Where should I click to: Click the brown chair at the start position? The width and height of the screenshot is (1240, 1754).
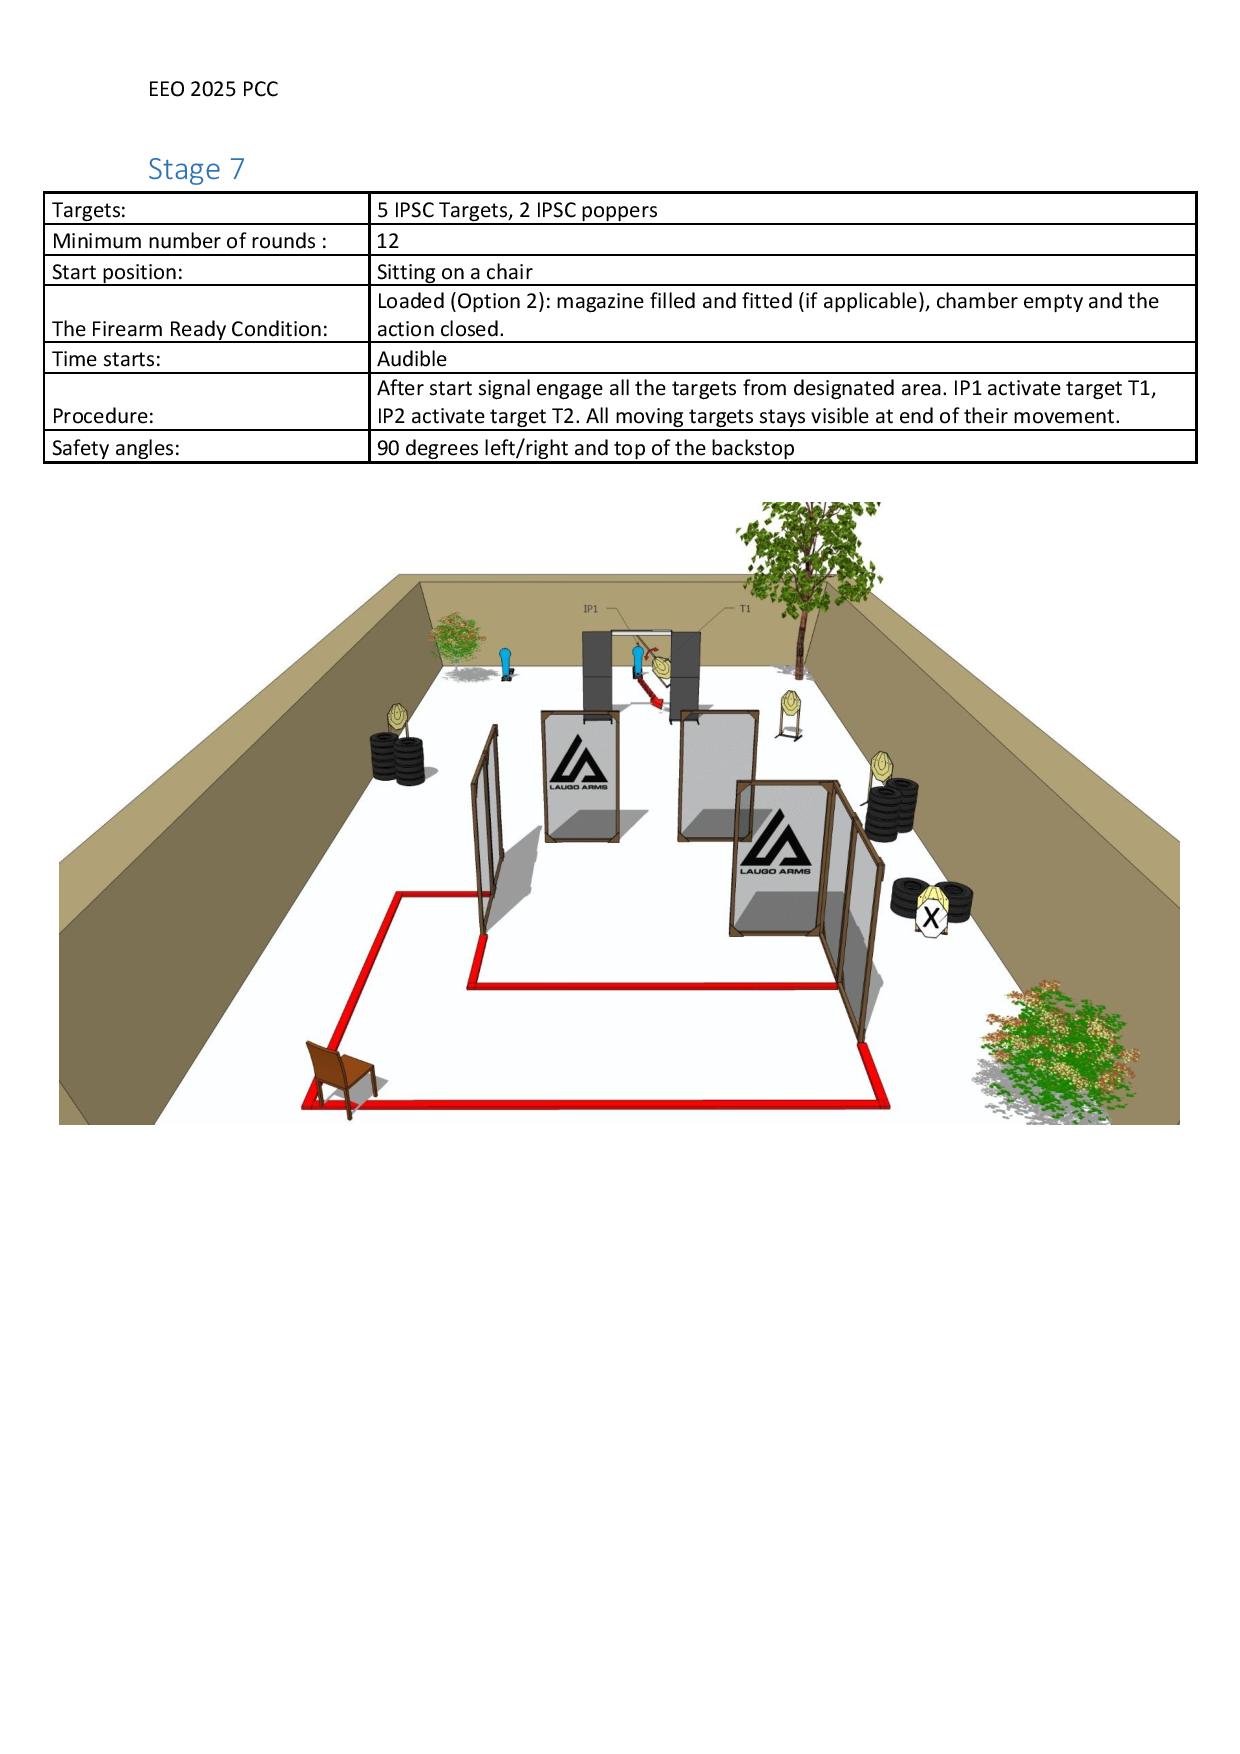tap(341, 1077)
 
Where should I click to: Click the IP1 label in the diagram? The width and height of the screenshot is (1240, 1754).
tap(590, 608)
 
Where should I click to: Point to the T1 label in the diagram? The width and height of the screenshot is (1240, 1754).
tap(745, 608)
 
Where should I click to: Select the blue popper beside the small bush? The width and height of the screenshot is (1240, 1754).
tap(506, 663)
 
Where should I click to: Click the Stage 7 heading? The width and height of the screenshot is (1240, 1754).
tap(196, 168)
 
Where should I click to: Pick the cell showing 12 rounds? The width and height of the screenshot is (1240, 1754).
tap(782, 240)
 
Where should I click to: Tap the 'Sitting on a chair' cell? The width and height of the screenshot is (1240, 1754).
tap(782, 271)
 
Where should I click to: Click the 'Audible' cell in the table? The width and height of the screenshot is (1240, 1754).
tap(782, 358)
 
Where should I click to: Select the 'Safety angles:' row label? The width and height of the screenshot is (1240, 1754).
tap(116, 447)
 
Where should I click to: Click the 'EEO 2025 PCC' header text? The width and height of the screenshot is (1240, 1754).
tap(213, 89)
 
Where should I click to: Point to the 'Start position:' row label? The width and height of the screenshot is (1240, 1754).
tap(117, 272)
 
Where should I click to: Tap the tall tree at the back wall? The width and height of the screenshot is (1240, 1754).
tap(806, 580)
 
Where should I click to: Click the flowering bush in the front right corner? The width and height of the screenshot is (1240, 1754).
tap(1060, 1050)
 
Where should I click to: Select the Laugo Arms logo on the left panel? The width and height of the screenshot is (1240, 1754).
tap(578, 762)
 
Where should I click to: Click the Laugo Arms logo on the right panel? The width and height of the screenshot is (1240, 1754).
tap(775, 842)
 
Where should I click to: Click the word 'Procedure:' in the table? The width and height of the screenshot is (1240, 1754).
tap(103, 416)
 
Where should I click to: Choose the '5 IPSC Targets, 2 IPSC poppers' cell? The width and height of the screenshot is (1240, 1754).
tap(782, 209)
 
